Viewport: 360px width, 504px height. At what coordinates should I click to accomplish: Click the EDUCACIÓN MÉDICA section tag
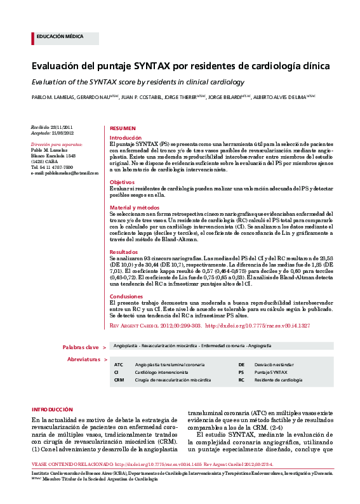point(60,37)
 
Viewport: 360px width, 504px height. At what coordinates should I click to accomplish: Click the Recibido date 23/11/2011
point(62,128)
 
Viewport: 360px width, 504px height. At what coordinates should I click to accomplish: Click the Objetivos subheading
point(122,182)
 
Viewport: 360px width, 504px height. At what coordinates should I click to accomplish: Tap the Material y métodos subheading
point(135,208)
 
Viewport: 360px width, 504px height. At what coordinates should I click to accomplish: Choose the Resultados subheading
point(124,252)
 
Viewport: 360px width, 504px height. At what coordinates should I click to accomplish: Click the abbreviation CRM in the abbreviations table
point(119,380)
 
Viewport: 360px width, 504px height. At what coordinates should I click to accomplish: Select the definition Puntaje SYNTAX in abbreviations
point(268,373)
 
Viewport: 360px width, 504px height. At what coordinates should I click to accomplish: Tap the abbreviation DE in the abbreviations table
point(241,365)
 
